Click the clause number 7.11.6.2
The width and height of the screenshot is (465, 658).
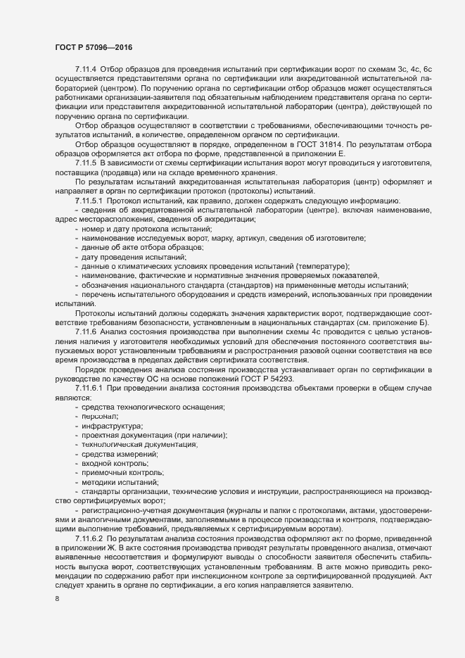click(x=91, y=538)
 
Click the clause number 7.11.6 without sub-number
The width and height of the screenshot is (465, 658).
click(x=87, y=331)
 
